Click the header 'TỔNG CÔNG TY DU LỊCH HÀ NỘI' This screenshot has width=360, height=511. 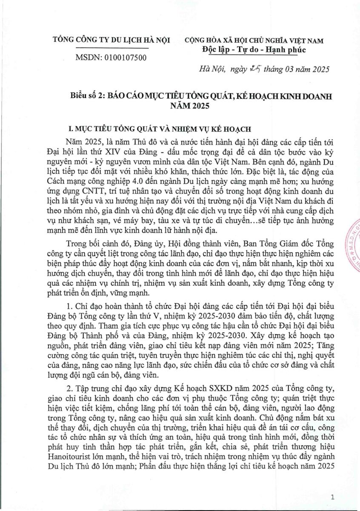click(111, 40)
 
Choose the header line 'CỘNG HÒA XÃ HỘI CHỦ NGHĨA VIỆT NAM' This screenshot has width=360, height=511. click(254, 41)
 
